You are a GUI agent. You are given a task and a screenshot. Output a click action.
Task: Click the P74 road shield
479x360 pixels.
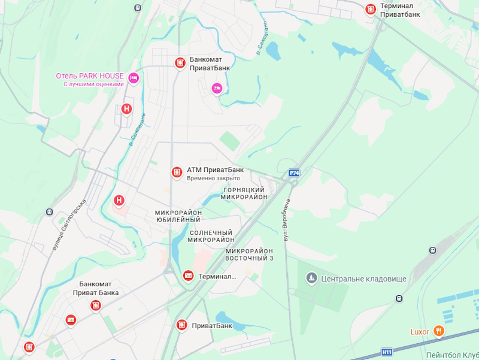(294, 173)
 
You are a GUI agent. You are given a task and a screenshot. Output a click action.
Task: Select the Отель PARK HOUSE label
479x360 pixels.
(90, 76)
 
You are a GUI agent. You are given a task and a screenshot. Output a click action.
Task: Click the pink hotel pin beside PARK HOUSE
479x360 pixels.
(134, 77)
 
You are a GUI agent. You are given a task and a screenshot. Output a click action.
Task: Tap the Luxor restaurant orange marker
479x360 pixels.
(439, 330)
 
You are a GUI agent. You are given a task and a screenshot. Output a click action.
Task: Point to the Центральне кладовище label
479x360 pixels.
(364, 279)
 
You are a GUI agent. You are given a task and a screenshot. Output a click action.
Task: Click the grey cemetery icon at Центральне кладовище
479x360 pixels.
(311, 278)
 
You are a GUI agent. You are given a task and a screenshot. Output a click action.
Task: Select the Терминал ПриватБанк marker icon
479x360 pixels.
(371, 9)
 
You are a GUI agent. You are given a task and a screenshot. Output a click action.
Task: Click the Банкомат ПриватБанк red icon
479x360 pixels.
(180, 62)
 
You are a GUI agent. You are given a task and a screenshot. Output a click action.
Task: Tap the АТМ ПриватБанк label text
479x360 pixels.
(215, 170)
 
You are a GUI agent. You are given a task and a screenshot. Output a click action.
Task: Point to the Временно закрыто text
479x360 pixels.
(213, 179)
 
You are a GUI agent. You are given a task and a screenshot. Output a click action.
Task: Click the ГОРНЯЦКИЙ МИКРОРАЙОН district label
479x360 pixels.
(244, 193)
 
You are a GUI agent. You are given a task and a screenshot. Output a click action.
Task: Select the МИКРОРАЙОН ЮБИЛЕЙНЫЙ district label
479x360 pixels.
(178, 216)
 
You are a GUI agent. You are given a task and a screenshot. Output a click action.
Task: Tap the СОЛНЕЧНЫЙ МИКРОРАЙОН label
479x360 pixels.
(211, 236)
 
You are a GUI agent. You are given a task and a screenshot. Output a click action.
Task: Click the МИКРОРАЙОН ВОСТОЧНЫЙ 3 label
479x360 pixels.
(249, 255)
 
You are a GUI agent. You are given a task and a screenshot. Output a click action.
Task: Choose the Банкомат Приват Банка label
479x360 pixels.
(96, 288)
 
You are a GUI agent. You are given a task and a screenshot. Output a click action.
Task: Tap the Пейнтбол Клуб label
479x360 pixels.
(452, 355)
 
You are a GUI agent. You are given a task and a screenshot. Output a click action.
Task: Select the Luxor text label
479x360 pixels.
(420, 331)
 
